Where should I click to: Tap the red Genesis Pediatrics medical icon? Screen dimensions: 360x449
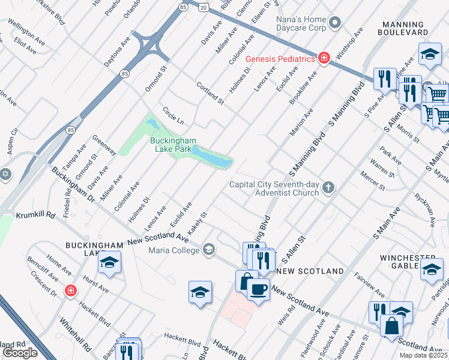point(324,58)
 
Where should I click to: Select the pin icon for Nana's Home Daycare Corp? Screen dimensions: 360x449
point(335,23)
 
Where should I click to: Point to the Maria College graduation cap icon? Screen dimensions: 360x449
point(208,250)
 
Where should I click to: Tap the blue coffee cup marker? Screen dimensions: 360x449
point(258,289)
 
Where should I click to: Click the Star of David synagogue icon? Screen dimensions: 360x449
point(6,173)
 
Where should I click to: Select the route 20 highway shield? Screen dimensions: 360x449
point(204,7)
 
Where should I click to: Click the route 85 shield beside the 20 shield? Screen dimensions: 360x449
point(183,7)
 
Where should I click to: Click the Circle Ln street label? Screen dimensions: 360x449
point(173,116)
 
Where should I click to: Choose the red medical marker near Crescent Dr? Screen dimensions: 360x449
point(71,290)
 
